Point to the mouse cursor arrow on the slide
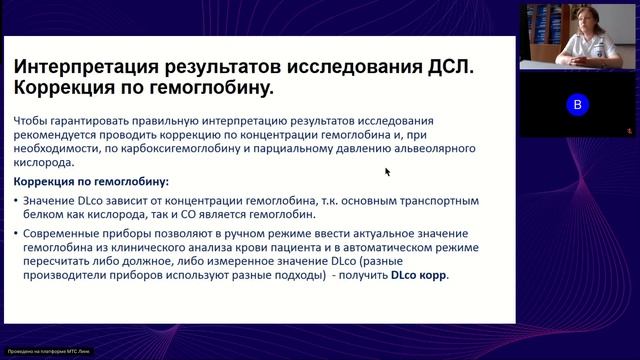point(387,171)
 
